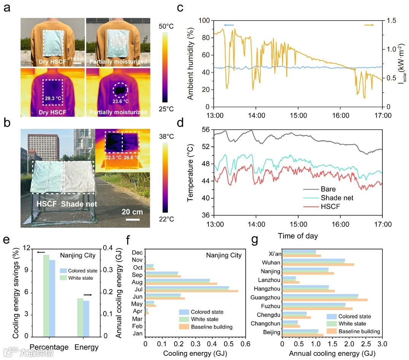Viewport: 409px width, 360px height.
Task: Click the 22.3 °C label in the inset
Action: [x=113, y=157]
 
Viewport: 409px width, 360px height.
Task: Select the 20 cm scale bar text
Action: [x=132, y=212]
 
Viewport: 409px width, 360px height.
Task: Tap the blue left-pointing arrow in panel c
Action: [x=228, y=25]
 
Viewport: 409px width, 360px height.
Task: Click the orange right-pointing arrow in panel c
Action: [x=369, y=25]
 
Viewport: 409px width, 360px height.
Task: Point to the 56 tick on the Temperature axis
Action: [x=205, y=130]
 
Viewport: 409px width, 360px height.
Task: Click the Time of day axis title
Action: [x=298, y=236]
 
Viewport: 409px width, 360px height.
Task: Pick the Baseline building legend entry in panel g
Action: [x=359, y=331]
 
